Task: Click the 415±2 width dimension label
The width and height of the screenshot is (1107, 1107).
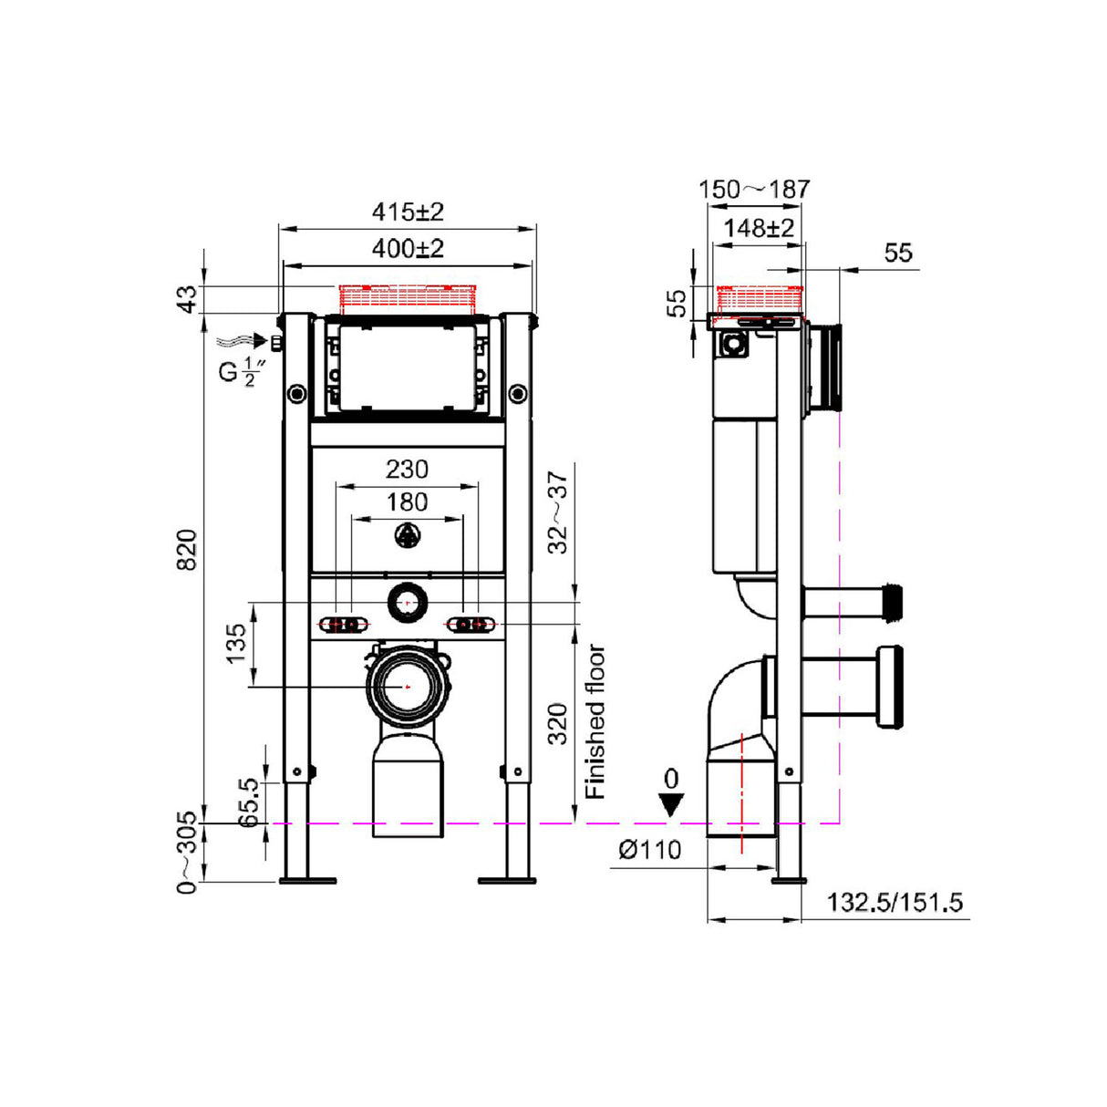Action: pyautogui.click(x=407, y=212)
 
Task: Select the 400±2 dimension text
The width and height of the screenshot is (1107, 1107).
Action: pyautogui.click(x=407, y=248)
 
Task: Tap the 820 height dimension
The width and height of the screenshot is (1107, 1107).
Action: pyautogui.click(x=186, y=549)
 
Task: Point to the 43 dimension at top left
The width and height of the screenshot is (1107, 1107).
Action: pyautogui.click(x=186, y=299)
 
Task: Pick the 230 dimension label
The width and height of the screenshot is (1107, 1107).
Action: pyautogui.click(x=407, y=469)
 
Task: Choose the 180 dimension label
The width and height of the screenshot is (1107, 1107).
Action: pyautogui.click(x=407, y=502)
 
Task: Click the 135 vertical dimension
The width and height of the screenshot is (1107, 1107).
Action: pyautogui.click(x=236, y=643)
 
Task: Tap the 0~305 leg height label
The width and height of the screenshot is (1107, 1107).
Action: pyautogui.click(x=186, y=853)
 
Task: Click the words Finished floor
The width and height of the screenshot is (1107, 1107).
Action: pyautogui.click(x=595, y=721)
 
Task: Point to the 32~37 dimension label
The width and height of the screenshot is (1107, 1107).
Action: pyautogui.click(x=558, y=511)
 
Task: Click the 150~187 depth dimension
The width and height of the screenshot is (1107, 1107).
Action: pyautogui.click(x=753, y=189)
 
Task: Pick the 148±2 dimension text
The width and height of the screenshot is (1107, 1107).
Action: pyautogui.click(x=759, y=228)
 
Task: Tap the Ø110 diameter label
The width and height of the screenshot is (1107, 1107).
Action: pyautogui.click(x=649, y=850)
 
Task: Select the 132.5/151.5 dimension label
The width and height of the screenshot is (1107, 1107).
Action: pyautogui.click(x=894, y=903)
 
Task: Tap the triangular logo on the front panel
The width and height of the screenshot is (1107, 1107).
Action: pyautogui.click(x=408, y=537)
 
